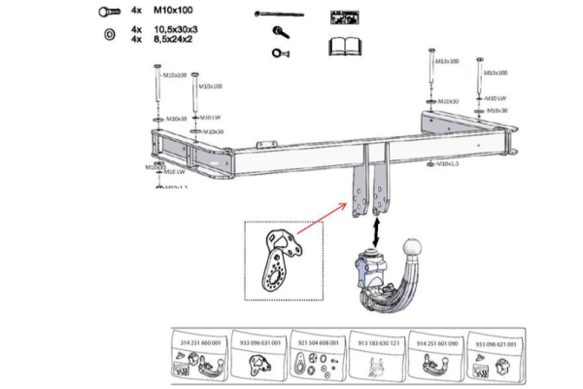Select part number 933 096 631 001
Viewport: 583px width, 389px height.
point(261,343)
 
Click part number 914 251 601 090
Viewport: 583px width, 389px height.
point(437,343)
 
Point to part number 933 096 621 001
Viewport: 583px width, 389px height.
point(496,343)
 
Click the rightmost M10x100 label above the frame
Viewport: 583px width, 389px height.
point(495,72)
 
